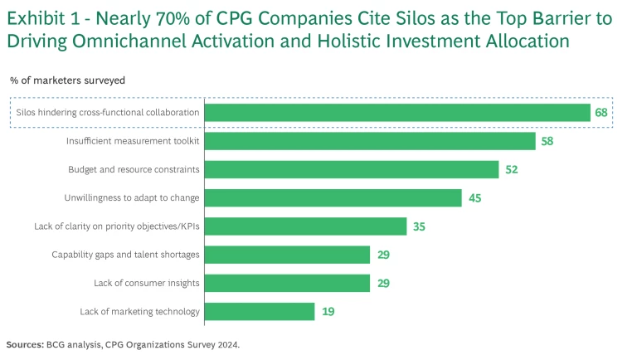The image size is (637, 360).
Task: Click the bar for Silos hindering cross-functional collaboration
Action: (x=396, y=113)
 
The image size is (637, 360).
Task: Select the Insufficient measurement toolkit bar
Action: (x=369, y=141)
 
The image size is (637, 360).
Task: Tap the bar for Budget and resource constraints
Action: (x=351, y=169)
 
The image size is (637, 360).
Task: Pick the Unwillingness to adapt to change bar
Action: (x=332, y=197)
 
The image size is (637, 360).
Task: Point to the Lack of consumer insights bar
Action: (x=286, y=283)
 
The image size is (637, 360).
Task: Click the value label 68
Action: (x=602, y=113)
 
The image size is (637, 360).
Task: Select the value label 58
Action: (x=547, y=141)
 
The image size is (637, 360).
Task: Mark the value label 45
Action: (x=474, y=197)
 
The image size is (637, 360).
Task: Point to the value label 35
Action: (x=419, y=226)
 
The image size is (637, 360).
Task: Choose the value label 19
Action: (x=327, y=312)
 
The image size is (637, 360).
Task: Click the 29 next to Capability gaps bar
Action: (x=382, y=255)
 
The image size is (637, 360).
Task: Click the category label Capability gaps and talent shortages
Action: (x=125, y=255)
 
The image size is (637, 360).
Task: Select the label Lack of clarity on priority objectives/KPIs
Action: (x=117, y=226)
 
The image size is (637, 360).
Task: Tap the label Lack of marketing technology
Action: (x=139, y=312)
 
